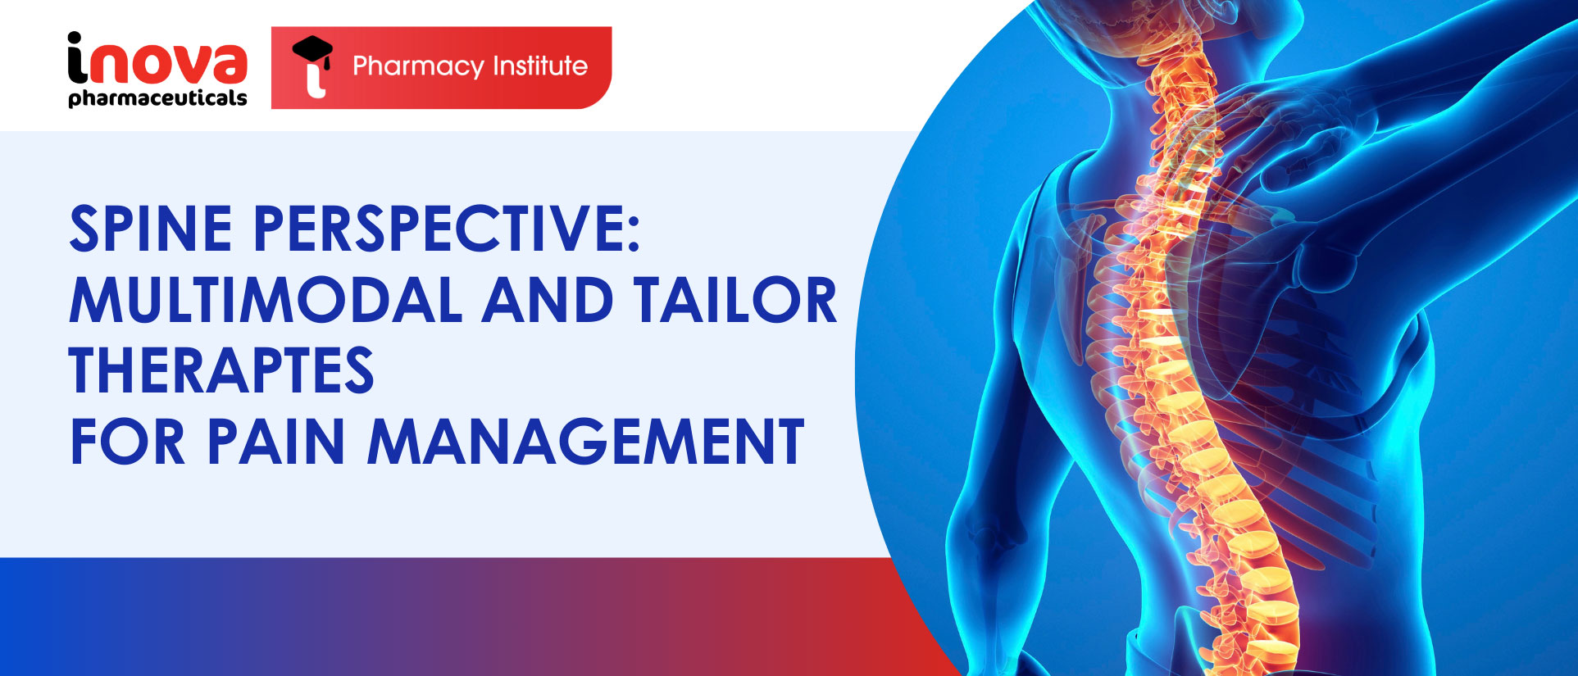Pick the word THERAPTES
click(221, 371)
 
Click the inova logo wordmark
click(157, 59)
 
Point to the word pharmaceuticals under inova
click(157, 98)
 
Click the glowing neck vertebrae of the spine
click(1168, 98)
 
